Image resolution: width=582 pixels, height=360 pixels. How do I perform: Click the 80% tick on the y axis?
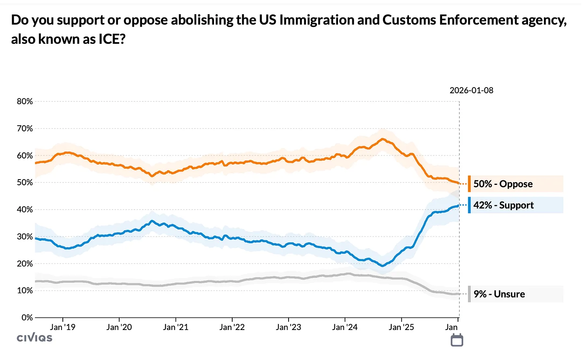[x=25, y=102]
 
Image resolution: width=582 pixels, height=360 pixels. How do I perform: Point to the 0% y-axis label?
[x=27, y=317]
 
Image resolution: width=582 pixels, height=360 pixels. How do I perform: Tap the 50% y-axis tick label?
[x=25, y=182]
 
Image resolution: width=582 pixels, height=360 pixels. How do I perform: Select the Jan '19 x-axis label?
[x=62, y=327]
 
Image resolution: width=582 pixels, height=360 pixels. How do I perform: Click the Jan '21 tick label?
[x=175, y=327]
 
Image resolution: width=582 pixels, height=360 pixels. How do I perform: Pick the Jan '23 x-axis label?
[x=288, y=327]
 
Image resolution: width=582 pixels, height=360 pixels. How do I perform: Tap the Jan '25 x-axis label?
[x=401, y=327]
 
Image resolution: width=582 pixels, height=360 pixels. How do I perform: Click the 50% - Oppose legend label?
[x=503, y=184]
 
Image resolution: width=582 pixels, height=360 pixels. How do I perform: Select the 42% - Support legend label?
[x=503, y=205]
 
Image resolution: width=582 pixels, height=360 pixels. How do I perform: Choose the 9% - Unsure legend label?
[x=499, y=294]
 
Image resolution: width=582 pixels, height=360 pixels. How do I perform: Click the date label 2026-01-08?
[x=471, y=90]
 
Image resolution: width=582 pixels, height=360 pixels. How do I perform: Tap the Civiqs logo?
[x=34, y=338]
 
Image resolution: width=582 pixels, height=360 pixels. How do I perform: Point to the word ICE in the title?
[x=109, y=39]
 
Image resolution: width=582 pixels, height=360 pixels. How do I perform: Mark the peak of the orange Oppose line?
[x=383, y=139]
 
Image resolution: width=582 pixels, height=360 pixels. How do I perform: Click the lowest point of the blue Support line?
[x=382, y=266]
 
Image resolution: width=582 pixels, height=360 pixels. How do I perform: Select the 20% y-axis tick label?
[x=25, y=264]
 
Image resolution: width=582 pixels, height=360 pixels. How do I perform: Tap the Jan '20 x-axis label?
[x=119, y=327]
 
